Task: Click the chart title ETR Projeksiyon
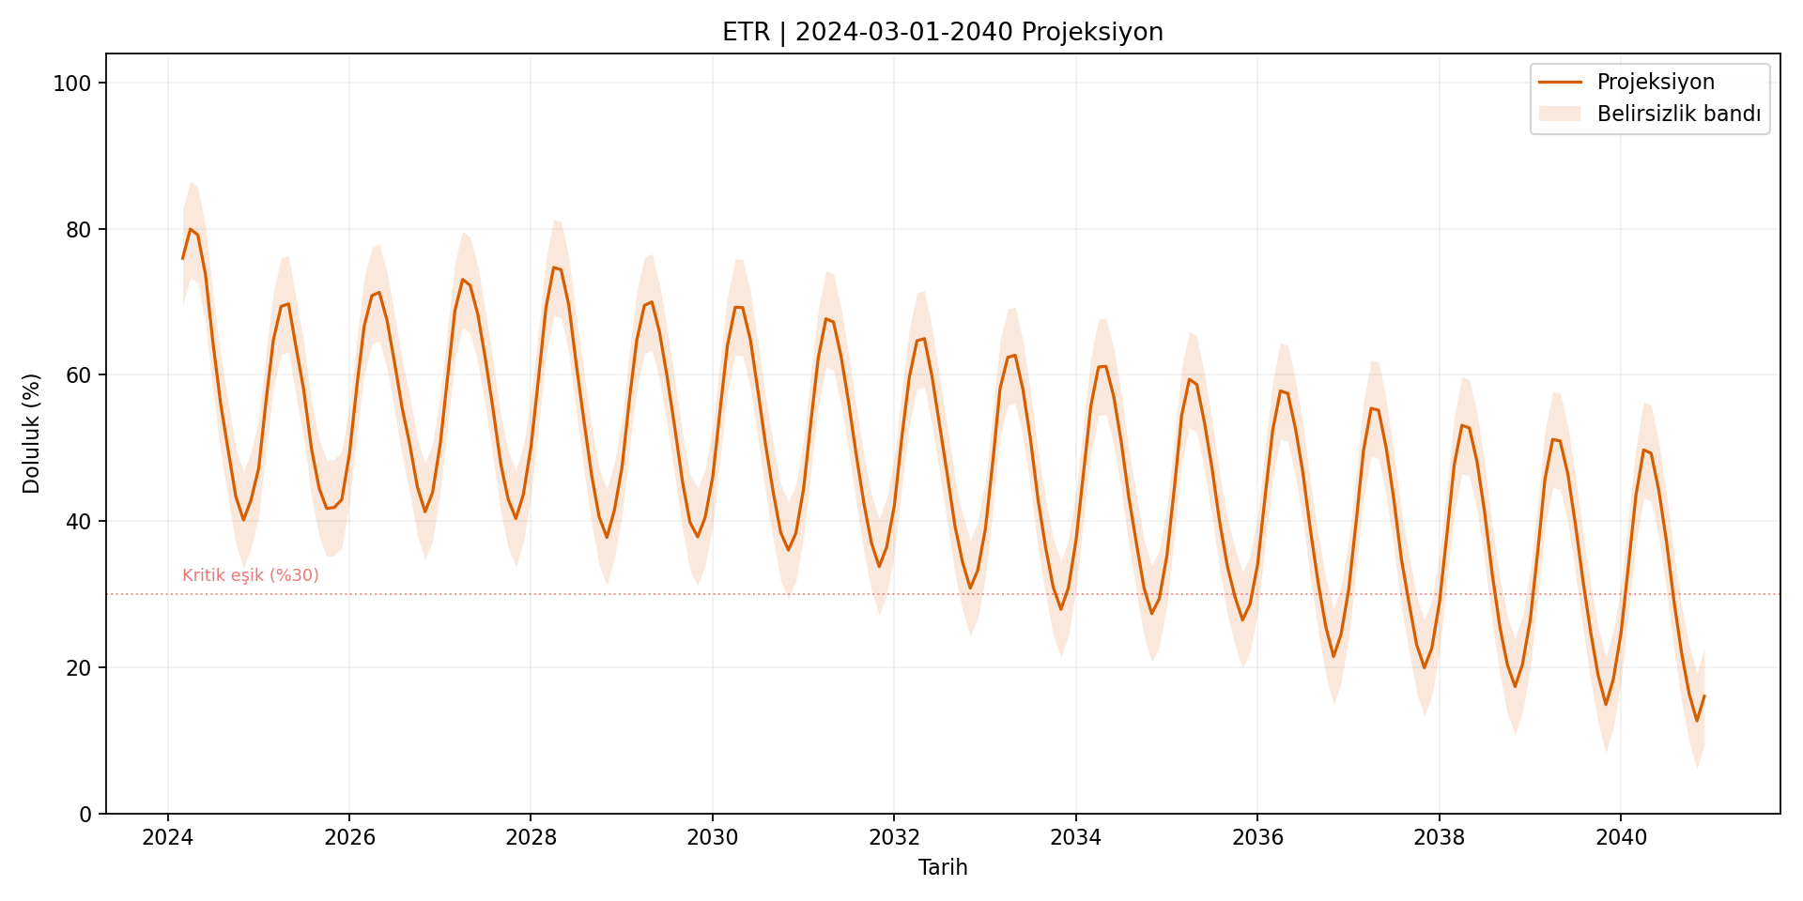[x=942, y=33]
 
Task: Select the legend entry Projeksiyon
[x=1656, y=83]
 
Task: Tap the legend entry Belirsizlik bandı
[x=1678, y=115]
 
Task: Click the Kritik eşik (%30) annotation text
[x=251, y=575]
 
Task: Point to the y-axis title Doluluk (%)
[x=32, y=434]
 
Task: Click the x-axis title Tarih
[x=942, y=867]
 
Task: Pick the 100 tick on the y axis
[x=72, y=84]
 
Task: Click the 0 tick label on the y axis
[x=85, y=814]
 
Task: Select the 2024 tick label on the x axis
[x=167, y=838]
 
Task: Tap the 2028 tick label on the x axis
[x=531, y=838]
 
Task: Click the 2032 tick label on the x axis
[x=894, y=838]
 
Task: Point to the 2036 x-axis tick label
[x=1257, y=838]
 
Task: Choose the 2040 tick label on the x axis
[x=1621, y=838]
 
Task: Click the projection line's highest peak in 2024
[x=190, y=229]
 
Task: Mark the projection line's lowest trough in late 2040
[x=1696, y=721]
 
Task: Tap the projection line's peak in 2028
[x=553, y=267]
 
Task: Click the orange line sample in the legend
[x=1560, y=83]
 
